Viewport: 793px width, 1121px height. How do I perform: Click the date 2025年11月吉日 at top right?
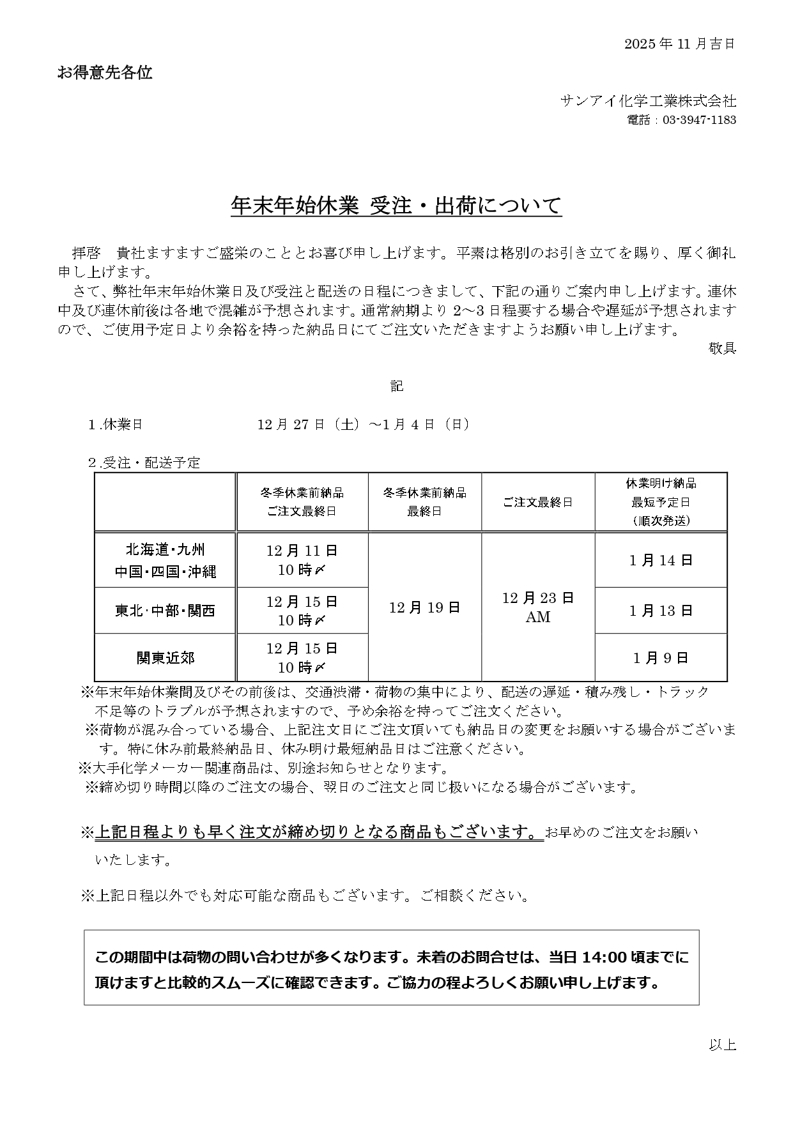click(x=679, y=43)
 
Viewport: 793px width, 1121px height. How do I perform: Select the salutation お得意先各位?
click(x=105, y=73)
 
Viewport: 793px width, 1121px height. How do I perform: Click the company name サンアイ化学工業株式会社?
click(x=648, y=100)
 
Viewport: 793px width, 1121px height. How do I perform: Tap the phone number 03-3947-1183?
click(x=699, y=120)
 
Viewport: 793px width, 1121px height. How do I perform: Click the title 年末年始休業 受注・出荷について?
click(x=396, y=206)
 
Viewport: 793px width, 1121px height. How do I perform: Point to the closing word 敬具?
click(x=722, y=348)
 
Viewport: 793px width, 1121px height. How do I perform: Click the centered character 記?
click(x=397, y=386)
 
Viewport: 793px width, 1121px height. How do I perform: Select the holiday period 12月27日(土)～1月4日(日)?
click(x=364, y=424)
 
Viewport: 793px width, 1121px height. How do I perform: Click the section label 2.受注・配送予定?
click(x=144, y=462)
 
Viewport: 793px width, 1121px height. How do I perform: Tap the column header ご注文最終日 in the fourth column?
click(x=538, y=502)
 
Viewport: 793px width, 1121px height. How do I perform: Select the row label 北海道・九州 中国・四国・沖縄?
click(x=166, y=560)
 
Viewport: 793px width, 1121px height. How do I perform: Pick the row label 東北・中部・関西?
click(x=166, y=611)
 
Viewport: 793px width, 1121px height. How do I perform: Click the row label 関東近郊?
click(x=166, y=657)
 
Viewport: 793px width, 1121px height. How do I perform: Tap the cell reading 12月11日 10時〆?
click(x=302, y=560)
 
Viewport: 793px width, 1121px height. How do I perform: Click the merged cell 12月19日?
click(x=425, y=607)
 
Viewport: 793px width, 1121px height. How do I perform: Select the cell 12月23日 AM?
click(x=538, y=607)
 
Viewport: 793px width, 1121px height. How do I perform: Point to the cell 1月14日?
click(x=661, y=560)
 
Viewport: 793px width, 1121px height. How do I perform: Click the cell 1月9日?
click(x=661, y=657)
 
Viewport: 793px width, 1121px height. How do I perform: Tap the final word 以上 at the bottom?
click(x=722, y=1044)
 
